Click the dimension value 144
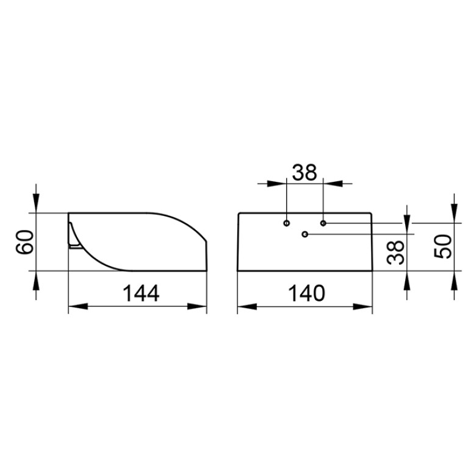coord(141,293)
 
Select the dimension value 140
coord(306,293)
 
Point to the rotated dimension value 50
coord(442,247)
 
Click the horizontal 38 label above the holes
coord(304,173)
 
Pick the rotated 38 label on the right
coord(395,253)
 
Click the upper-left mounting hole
coord(287,223)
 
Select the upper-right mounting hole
coord(323,223)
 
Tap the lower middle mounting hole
coord(304,234)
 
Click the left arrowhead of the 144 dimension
coord(78,306)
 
